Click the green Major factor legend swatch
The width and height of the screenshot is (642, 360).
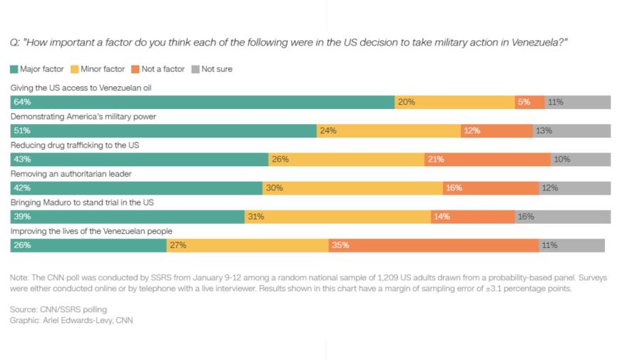[14, 69]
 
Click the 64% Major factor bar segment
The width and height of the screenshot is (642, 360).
[203, 102]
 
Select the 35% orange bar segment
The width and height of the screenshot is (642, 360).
[434, 245]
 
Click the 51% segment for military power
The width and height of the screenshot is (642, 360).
[163, 131]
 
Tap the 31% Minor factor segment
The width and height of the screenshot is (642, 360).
[337, 217]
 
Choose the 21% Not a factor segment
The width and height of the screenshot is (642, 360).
[487, 160]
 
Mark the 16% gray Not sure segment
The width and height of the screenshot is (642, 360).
[562, 217]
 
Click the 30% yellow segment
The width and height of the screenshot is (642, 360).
[352, 188]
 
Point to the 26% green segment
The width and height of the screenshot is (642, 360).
[88, 245]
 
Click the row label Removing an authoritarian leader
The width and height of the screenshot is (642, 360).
[71, 174]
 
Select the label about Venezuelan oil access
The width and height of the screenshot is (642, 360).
[81, 88]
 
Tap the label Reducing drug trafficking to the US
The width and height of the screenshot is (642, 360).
[74, 145]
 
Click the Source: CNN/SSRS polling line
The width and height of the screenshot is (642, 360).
[49, 309]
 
